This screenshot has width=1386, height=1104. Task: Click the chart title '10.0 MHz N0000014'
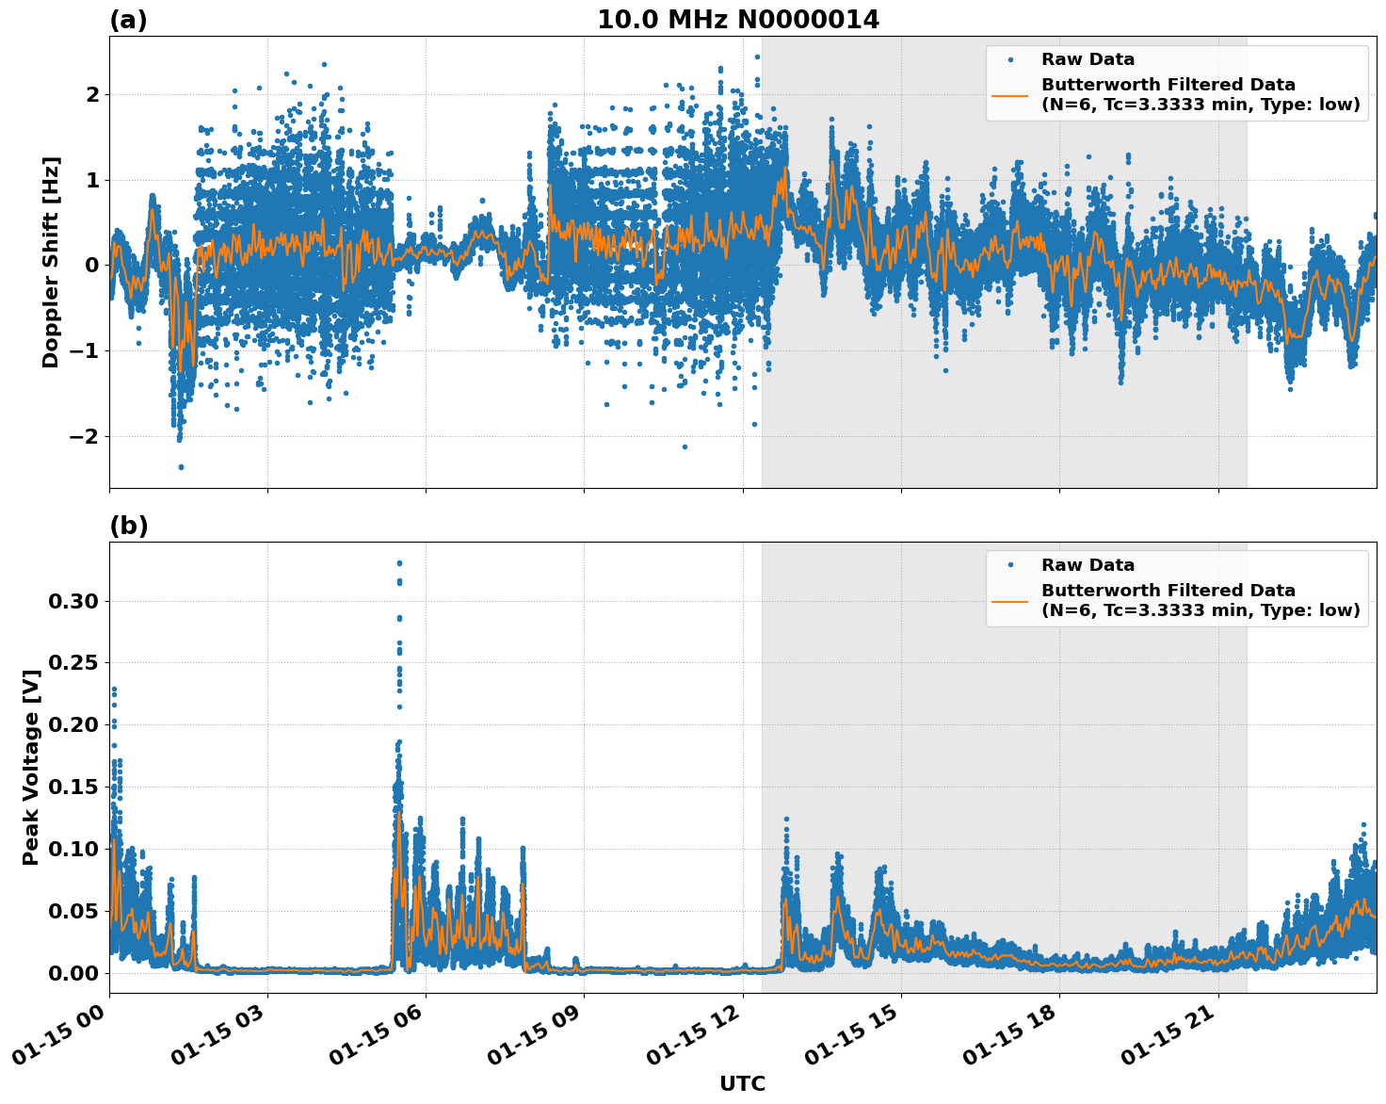coord(738,20)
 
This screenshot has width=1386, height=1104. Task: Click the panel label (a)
coord(128,20)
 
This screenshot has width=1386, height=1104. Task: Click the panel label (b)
coord(128,526)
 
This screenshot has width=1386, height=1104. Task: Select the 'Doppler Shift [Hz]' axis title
coord(51,262)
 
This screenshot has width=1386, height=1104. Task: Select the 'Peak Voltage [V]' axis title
coord(31,768)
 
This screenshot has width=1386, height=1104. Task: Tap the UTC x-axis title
coord(742,1083)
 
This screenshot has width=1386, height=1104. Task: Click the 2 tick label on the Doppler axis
coord(92,94)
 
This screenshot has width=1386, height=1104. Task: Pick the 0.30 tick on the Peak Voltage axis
coord(73,601)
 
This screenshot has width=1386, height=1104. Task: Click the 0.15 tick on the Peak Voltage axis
coord(73,787)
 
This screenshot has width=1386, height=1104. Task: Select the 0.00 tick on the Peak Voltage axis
coord(73,972)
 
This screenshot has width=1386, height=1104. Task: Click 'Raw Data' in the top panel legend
coord(1088,59)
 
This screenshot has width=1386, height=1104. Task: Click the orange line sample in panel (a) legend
coord(1010,94)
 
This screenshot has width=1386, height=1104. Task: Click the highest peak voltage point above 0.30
coord(399,563)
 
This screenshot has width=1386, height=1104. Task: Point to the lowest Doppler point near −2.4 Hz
coord(181,466)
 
